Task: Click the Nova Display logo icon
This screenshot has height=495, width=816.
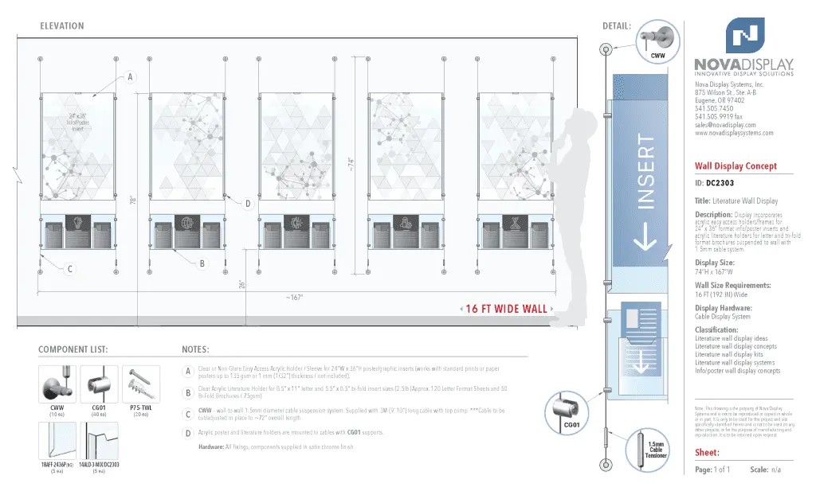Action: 744,37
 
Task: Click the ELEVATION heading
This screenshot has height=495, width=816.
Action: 61,26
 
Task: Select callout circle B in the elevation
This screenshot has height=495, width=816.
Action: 202,263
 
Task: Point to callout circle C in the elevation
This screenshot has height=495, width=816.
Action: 70,270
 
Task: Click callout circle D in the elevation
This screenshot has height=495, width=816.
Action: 248,205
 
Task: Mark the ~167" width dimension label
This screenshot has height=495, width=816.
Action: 294,298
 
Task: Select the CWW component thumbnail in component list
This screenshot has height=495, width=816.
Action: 57,385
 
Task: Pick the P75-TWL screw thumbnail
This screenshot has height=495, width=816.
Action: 141,385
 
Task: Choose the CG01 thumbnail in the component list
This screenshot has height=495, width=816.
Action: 99,385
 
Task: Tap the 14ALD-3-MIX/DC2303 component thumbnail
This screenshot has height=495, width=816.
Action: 99,441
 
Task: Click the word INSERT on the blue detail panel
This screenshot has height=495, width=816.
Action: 645,172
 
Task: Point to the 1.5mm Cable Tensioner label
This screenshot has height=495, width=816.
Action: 657,450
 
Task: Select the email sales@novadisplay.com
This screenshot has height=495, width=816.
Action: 725,125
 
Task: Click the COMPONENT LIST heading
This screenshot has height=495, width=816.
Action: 73,349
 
